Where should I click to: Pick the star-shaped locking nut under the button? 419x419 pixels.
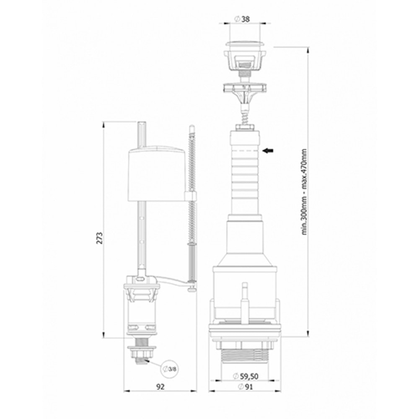[245, 88]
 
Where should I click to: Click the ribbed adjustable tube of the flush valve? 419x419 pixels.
[245, 176]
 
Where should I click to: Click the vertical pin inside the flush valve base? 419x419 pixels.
[245, 302]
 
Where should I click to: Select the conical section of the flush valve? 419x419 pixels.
[245, 239]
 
